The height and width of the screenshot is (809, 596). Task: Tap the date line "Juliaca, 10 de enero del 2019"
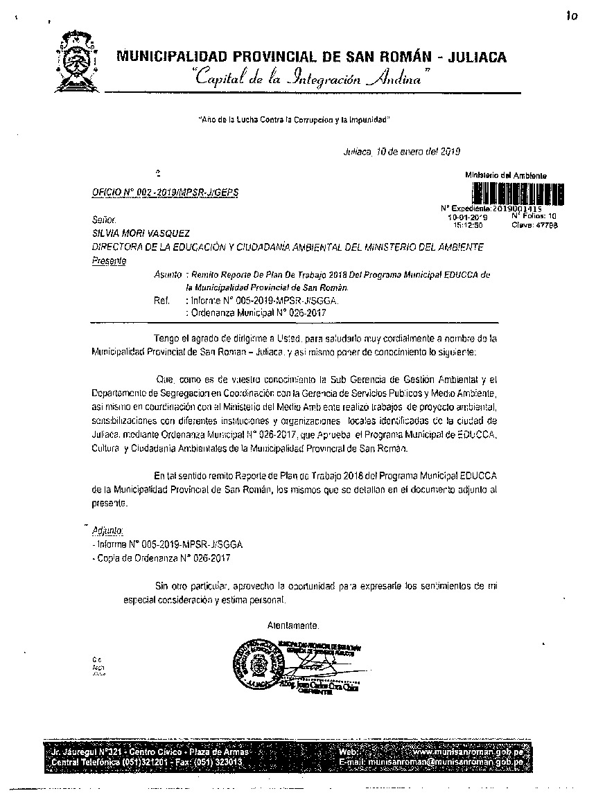[x=401, y=151]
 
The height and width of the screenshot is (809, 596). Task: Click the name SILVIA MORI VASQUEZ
[x=141, y=233]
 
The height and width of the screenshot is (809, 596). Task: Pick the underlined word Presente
[x=109, y=261]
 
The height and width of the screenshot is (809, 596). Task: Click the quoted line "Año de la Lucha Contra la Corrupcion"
[x=294, y=120]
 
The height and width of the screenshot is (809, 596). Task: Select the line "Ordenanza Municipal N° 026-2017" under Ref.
[x=257, y=312]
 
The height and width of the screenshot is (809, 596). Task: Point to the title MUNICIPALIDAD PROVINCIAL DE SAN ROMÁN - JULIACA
[x=311, y=57]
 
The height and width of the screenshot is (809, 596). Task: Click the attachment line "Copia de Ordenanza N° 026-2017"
[x=163, y=558]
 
